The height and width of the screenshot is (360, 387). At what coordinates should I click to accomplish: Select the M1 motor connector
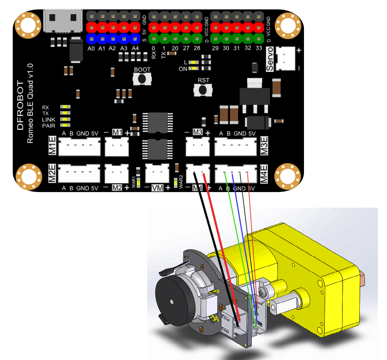pyautogui.click(x=116, y=148)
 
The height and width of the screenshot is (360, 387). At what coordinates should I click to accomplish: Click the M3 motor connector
pyautogui.click(x=198, y=148)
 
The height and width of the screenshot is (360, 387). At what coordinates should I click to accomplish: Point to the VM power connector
pyautogui.click(x=157, y=172)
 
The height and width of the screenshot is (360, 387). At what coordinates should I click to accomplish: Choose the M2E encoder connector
pyautogui.click(x=78, y=173)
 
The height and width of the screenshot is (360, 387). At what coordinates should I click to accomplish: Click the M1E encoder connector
pyautogui.click(x=78, y=148)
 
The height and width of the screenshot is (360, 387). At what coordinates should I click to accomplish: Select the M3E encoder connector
pyautogui.click(x=237, y=148)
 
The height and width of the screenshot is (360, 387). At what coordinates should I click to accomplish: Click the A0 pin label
pyautogui.click(x=91, y=49)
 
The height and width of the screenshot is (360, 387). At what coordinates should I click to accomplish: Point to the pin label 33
pyautogui.click(x=259, y=49)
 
